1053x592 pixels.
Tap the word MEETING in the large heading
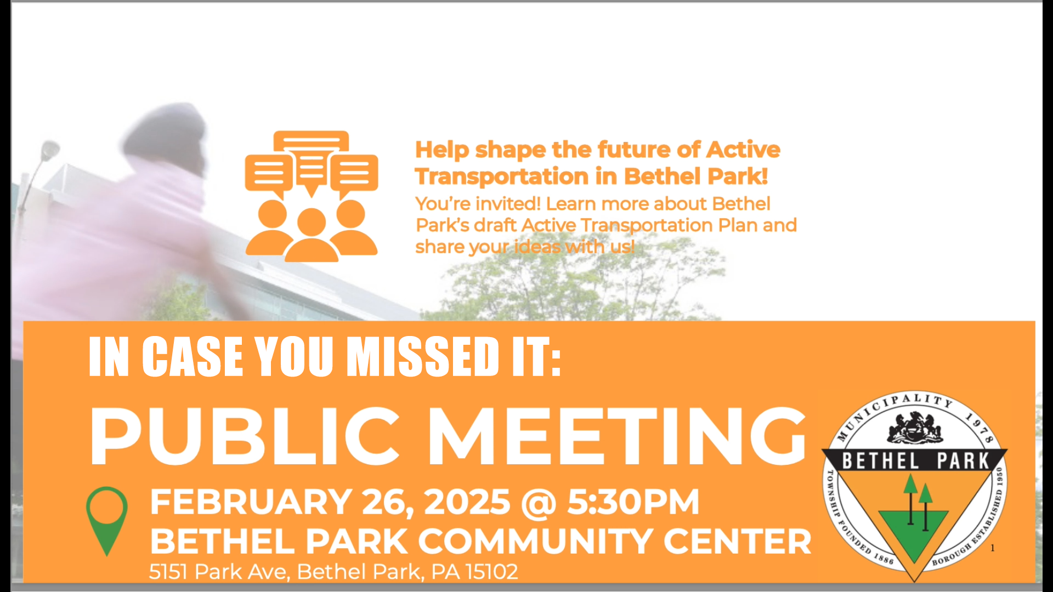coord(617,437)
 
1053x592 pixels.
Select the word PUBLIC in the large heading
coord(245,437)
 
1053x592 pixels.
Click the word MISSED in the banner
coord(424,356)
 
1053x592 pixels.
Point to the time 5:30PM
coord(633,502)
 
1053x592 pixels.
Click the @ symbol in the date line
coord(539,503)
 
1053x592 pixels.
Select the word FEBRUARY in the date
coord(251,502)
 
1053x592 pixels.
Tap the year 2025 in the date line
coord(467,502)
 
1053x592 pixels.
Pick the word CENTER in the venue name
coord(738,542)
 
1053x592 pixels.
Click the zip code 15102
coord(491,572)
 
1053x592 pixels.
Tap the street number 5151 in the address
coord(169,572)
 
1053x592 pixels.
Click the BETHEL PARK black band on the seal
coord(915,460)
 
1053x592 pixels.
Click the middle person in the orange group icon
coord(311,235)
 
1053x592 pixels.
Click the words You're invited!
coord(478,203)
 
